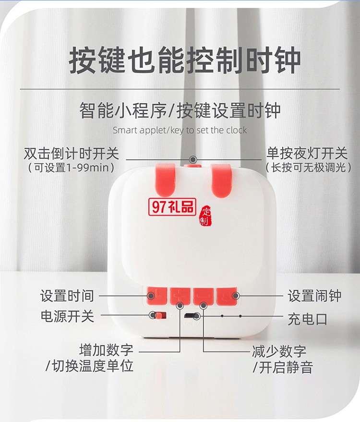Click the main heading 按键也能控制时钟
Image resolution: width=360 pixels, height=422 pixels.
point(185,61)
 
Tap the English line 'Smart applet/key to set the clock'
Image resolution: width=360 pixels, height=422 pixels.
point(180,130)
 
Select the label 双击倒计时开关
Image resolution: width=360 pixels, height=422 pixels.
point(71,154)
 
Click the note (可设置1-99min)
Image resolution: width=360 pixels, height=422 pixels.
point(71,168)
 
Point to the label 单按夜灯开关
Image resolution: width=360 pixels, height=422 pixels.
point(307,154)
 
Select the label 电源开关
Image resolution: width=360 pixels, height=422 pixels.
point(67,316)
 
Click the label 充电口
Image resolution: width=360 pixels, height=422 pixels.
point(307,319)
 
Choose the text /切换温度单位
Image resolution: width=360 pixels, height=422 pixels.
point(89,366)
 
